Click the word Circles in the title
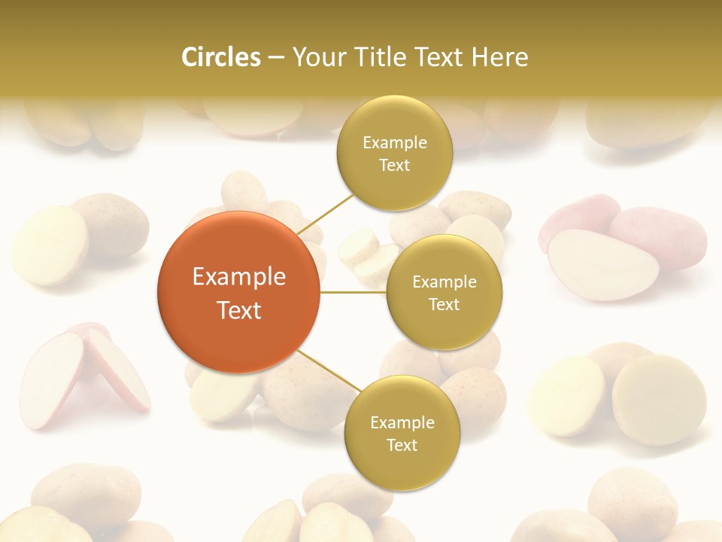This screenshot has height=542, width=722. pyautogui.click(x=220, y=57)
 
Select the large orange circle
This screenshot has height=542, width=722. pyautogui.click(x=239, y=293)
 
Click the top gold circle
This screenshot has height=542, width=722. pyautogui.click(x=394, y=154)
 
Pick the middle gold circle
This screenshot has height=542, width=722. pyautogui.click(x=444, y=293)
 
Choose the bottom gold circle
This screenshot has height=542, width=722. pyautogui.click(x=402, y=434)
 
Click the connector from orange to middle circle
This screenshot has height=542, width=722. pyautogui.click(x=353, y=292)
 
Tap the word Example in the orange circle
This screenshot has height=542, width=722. pyautogui.click(x=239, y=277)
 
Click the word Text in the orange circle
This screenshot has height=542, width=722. pyautogui.click(x=239, y=310)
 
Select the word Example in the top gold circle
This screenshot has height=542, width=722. pyautogui.click(x=395, y=143)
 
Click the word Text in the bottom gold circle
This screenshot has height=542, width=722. pyautogui.click(x=402, y=445)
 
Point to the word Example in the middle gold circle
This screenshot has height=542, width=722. pyautogui.click(x=444, y=282)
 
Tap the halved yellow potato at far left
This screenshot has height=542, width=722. pyautogui.click(x=50, y=245)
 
